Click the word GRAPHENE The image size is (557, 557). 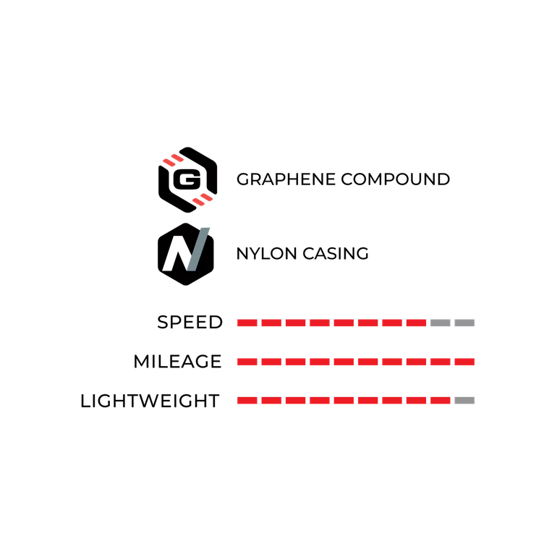[x=286, y=179]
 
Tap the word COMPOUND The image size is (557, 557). [x=396, y=179]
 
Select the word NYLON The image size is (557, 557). [x=266, y=254]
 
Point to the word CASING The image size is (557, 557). [x=336, y=254]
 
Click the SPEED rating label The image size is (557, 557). [x=190, y=323]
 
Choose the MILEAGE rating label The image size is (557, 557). [x=178, y=362]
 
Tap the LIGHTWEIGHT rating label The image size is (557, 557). [x=150, y=401]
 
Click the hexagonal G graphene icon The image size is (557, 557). [x=187, y=179]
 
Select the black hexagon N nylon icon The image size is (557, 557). [x=186, y=254]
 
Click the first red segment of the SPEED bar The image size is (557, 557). [x=247, y=323]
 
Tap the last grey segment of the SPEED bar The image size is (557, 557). [x=464, y=323]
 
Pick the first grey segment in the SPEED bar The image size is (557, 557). [x=441, y=323]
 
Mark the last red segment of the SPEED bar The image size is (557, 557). [x=417, y=323]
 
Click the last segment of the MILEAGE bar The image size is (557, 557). [x=464, y=362]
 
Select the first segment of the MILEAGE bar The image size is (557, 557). [x=247, y=362]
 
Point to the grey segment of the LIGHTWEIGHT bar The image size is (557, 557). [x=464, y=401]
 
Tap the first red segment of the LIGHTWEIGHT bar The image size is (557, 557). [x=247, y=401]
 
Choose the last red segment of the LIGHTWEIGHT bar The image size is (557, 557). [x=441, y=401]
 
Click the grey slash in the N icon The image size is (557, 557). [x=198, y=249]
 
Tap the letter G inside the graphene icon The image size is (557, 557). [x=187, y=179]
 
